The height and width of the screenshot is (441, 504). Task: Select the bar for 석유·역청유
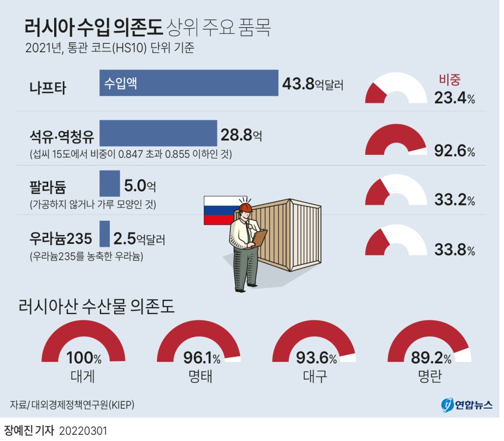pyautogui.click(x=158, y=133)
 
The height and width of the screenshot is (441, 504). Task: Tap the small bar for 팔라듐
pyautogui.click(x=109, y=183)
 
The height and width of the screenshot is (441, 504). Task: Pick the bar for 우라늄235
pyautogui.click(x=104, y=234)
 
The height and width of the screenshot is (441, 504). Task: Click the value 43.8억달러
pyautogui.click(x=312, y=84)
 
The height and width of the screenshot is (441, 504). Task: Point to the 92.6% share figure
pyautogui.click(x=454, y=151)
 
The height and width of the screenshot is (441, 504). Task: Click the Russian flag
pyautogui.click(x=219, y=210)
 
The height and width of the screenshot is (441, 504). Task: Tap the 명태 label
pyautogui.click(x=199, y=376)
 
